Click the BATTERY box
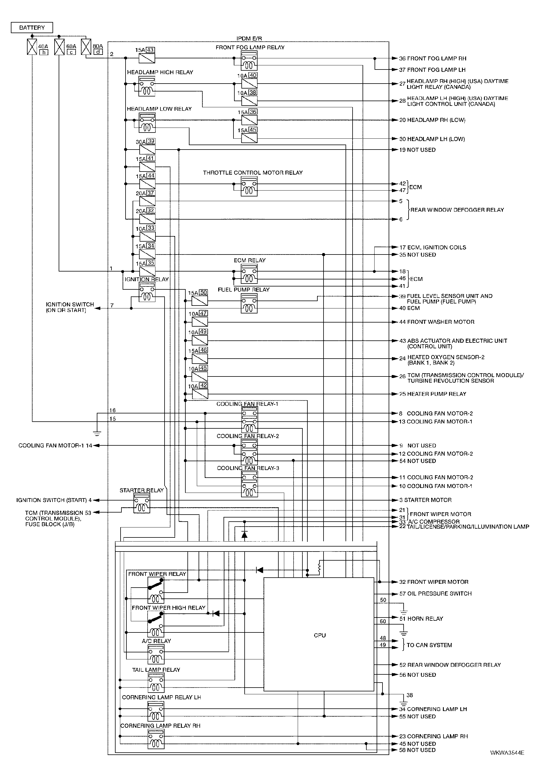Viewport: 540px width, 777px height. [32, 27]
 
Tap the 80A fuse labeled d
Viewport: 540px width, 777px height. [86, 47]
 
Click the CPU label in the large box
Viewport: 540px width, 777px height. [320, 635]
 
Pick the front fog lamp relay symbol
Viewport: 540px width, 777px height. [249, 60]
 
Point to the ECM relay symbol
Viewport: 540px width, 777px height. [249, 274]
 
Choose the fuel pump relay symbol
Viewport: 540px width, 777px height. [249, 303]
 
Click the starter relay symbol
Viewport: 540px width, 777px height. [142, 503]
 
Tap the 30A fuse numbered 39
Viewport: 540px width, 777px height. [147, 150]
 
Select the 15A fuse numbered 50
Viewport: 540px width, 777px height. [200, 301]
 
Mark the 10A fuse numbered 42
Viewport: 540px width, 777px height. [200, 394]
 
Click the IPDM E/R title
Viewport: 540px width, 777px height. [249, 38]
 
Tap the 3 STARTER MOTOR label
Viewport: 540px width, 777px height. [425, 500]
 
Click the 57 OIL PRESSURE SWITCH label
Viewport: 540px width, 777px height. [436, 593]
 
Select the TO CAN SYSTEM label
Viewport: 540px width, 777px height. [429, 645]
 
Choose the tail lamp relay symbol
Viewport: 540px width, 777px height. [156, 683]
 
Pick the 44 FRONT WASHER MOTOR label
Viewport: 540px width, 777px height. [437, 322]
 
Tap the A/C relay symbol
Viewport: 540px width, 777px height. [156, 654]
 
